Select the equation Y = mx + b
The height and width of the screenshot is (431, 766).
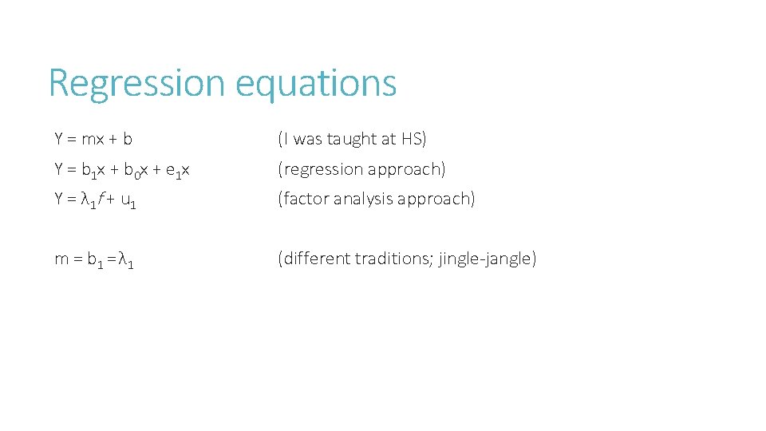(x=93, y=139)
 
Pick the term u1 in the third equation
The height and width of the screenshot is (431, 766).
(x=128, y=200)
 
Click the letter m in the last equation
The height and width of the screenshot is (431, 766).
(x=61, y=259)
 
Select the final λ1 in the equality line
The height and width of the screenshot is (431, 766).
(x=125, y=259)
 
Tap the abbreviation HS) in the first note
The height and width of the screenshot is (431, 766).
(x=413, y=139)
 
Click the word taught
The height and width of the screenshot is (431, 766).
(x=366, y=139)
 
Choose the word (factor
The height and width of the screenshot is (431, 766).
(x=304, y=200)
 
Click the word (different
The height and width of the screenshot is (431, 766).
(x=314, y=259)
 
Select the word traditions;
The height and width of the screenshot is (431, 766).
(x=394, y=259)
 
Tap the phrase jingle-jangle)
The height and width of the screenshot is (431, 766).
(x=488, y=259)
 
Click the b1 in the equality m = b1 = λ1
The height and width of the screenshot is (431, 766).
(x=93, y=259)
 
